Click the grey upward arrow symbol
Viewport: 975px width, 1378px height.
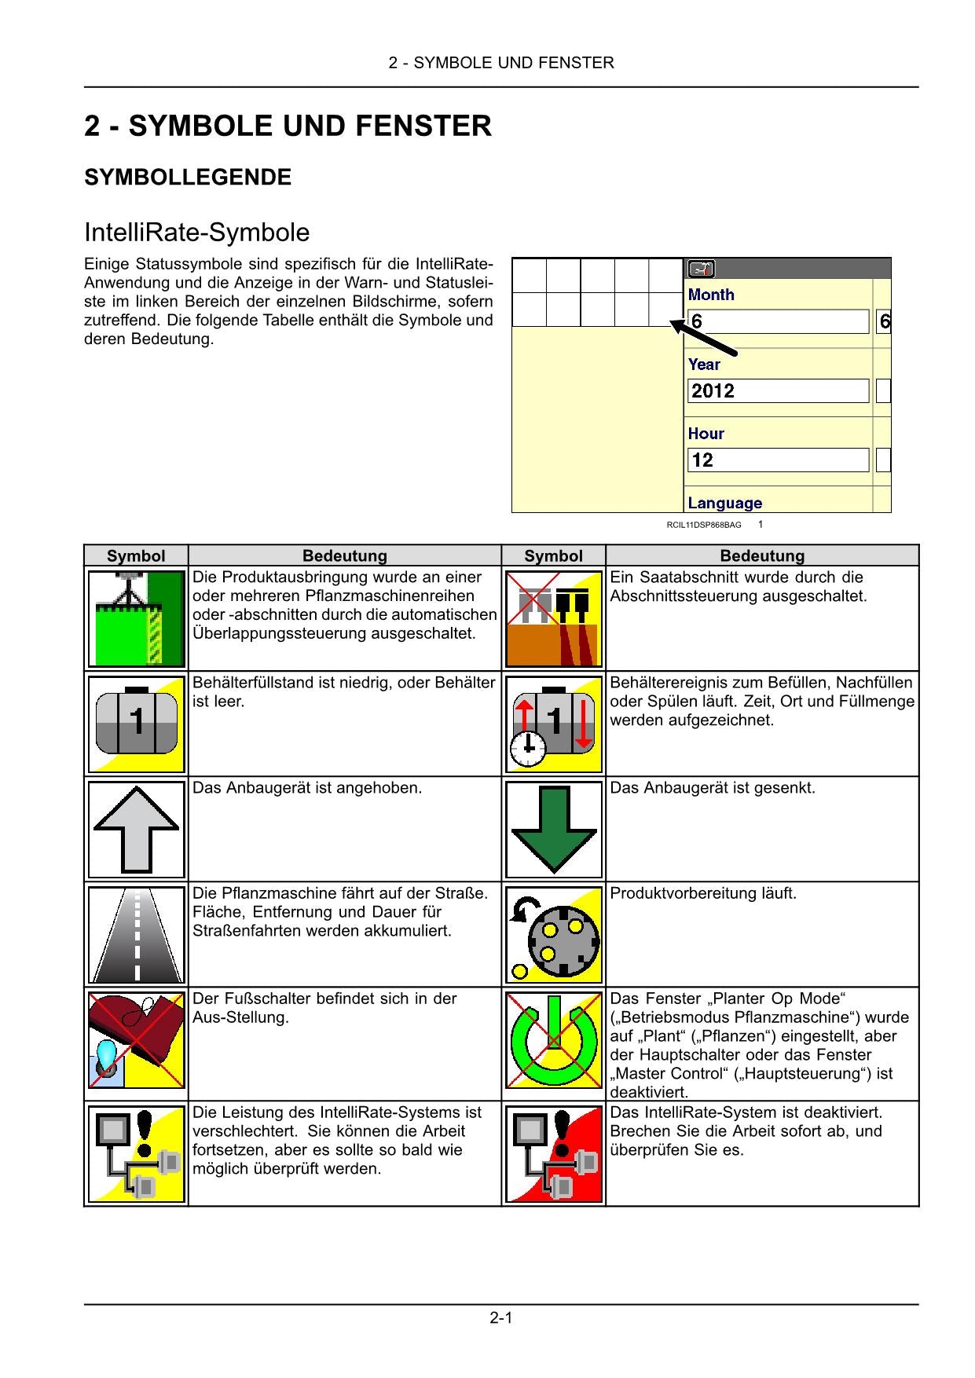(x=136, y=829)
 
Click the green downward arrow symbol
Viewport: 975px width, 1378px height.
(x=553, y=829)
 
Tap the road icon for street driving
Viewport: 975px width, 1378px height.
(x=136, y=934)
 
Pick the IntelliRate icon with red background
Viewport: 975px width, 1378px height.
(x=553, y=1153)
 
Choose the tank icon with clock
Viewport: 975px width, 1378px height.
(x=553, y=724)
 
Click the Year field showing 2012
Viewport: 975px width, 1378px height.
(x=778, y=391)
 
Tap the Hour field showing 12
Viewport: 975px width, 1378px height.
(x=778, y=460)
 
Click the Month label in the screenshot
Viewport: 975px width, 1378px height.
(x=711, y=295)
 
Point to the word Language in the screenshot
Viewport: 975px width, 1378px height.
(x=724, y=503)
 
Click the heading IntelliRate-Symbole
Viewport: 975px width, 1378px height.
(x=196, y=233)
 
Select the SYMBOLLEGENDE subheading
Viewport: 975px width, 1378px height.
(x=188, y=178)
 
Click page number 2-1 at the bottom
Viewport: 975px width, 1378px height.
(x=500, y=1318)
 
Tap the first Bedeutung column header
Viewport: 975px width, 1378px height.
(x=344, y=555)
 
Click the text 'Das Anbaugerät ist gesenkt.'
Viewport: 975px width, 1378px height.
(x=712, y=787)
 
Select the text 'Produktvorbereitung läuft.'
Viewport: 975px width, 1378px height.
(x=702, y=893)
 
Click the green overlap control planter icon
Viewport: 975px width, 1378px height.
(x=136, y=618)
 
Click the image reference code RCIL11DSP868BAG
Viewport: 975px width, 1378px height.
(x=703, y=525)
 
